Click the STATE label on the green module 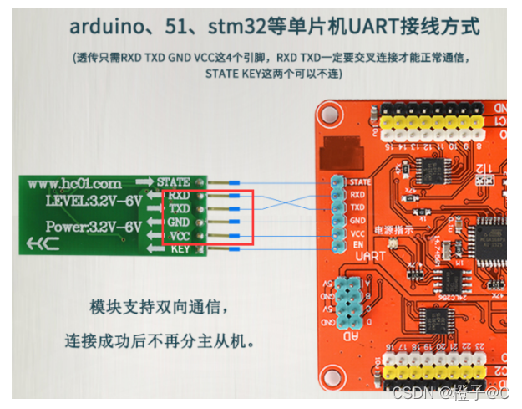tap(174, 181)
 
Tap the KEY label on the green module tap(180, 249)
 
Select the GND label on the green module tap(179, 222)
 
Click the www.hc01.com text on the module tap(74, 183)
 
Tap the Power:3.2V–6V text tap(82, 226)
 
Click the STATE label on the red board tap(360, 181)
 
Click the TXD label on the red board tap(357, 206)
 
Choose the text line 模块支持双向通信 tap(157, 306)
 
